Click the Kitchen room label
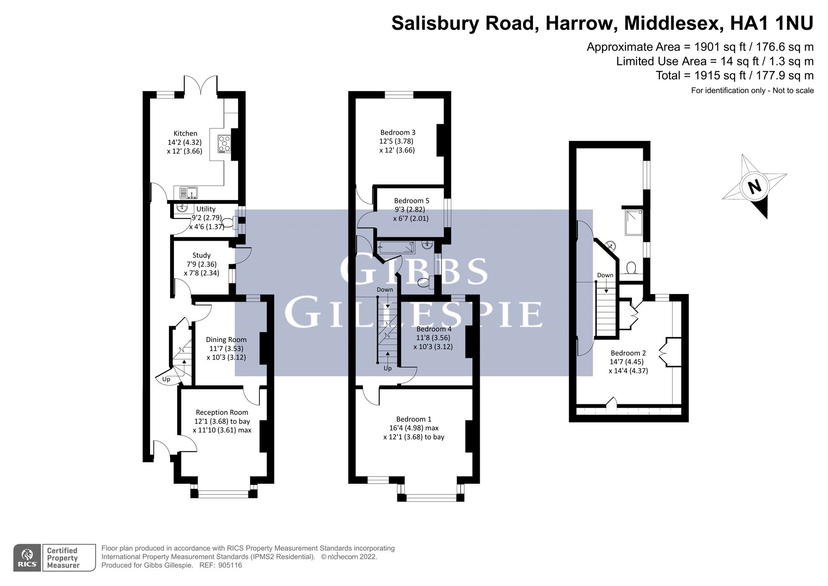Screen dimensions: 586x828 pos(185,133)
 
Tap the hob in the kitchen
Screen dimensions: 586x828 pos(224,144)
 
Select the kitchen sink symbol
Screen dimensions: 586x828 pos(189,193)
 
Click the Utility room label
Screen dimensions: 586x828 pos(206,209)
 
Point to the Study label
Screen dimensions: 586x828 pos(201,255)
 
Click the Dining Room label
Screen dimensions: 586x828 pos(226,340)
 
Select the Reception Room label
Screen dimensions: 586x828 pos(222,412)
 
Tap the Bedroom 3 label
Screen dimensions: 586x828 pos(398,133)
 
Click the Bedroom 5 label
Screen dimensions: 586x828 pos(411,201)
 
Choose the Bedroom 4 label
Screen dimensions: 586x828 pos(434,329)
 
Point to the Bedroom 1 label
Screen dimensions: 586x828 pos(414,419)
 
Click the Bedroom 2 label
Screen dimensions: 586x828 pos(628,353)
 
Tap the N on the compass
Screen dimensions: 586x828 pos(755,186)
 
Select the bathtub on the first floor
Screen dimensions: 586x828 pos(396,247)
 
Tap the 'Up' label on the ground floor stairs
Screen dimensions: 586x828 pos(166,379)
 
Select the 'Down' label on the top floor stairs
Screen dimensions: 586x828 pos(605,275)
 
